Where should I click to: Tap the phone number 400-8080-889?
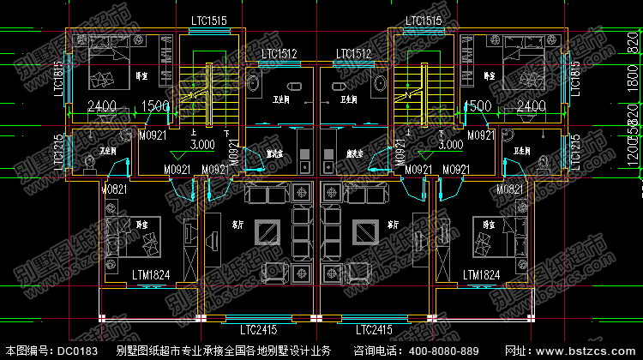click(x=441, y=351)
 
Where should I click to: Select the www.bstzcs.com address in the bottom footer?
click(x=593, y=351)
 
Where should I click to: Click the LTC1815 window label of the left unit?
click(x=59, y=79)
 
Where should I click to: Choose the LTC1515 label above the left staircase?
click(x=209, y=21)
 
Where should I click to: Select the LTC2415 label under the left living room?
click(x=259, y=329)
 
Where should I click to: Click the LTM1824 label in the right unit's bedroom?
click(x=481, y=274)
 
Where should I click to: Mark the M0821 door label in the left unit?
click(x=114, y=189)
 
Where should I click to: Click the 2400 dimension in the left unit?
click(x=101, y=106)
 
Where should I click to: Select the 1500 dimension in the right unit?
click(x=477, y=106)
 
